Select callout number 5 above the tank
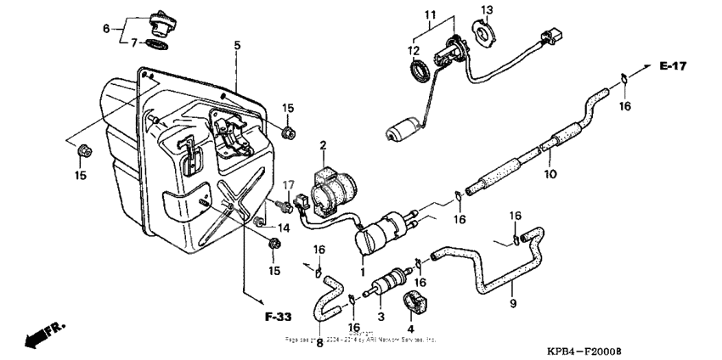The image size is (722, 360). point(238,45)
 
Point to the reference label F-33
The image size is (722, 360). point(277,318)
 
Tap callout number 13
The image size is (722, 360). point(487,10)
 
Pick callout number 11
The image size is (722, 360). point(430,15)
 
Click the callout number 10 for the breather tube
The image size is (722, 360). point(550,174)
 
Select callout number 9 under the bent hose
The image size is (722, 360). point(512,303)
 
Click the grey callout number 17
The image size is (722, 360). point(288,184)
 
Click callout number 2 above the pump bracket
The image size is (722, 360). point(323,147)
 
